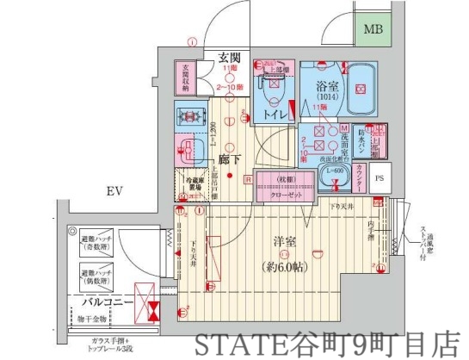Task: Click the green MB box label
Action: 372,31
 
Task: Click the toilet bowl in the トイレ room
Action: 273,89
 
